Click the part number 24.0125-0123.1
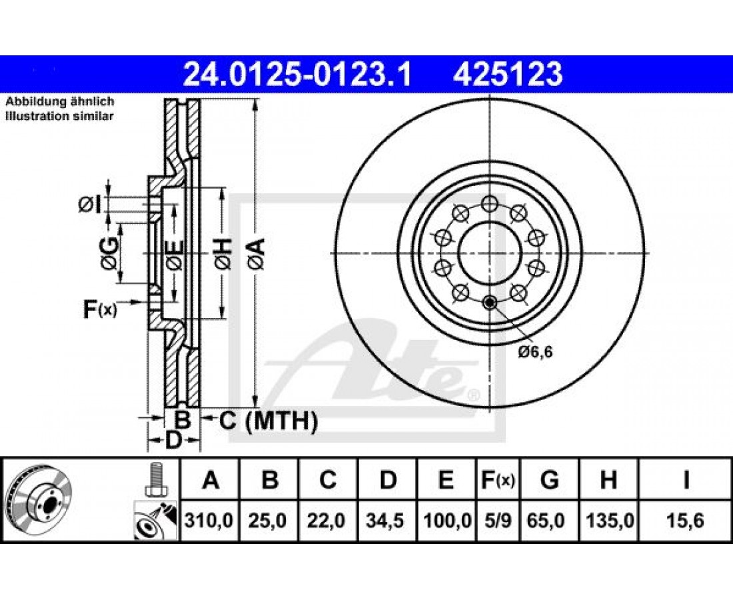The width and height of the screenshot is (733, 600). pyautogui.click(x=297, y=75)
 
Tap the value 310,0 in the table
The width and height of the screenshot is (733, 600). pyautogui.click(x=209, y=521)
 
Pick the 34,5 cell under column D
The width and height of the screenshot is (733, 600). pyautogui.click(x=388, y=521)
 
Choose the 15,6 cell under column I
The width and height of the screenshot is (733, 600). pyautogui.click(x=686, y=521)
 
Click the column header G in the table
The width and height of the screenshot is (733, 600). pyautogui.click(x=549, y=480)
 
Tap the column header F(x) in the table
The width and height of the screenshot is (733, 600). pyautogui.click(x=497, y=480)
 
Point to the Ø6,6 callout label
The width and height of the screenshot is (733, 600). pyautogui.click(x=535, y=351)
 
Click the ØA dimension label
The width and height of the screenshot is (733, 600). pyautogui.click(x=257, y=254)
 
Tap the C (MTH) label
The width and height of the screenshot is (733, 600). pyautogui.click(x=269, y=421)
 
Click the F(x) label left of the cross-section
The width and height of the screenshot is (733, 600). pyautogui.click(x=100, y=309)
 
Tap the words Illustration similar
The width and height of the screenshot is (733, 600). pyautogui.click(x=59, y=117)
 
